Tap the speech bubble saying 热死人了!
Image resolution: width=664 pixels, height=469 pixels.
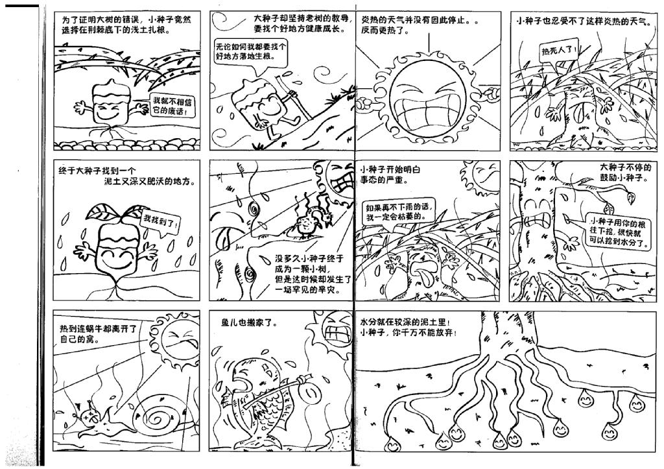[559, 52]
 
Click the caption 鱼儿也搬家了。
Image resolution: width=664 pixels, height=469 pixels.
[250, 323]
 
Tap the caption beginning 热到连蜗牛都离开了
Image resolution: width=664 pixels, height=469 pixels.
[99, 334]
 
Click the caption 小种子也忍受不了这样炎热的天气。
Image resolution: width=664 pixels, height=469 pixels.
[585, 21]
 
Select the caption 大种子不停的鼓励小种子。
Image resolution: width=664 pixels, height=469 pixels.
[623, 172]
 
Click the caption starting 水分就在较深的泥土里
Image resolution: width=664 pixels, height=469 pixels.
[409, 328]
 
